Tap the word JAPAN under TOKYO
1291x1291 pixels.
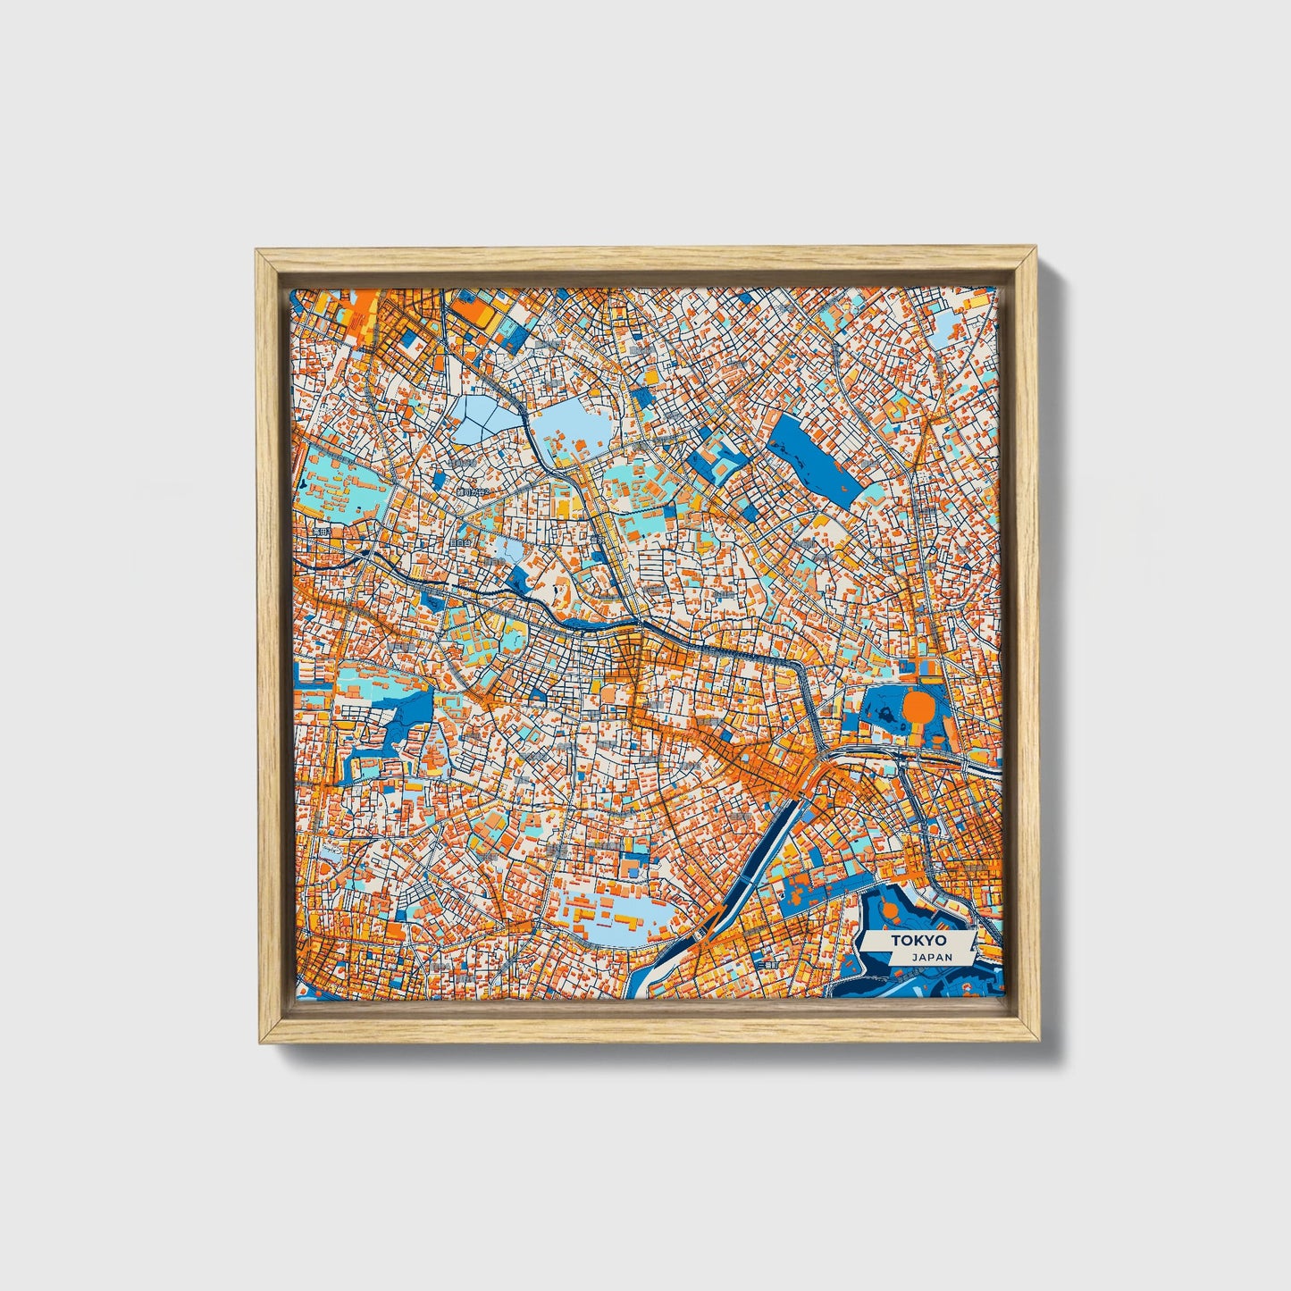click(932, 957)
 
